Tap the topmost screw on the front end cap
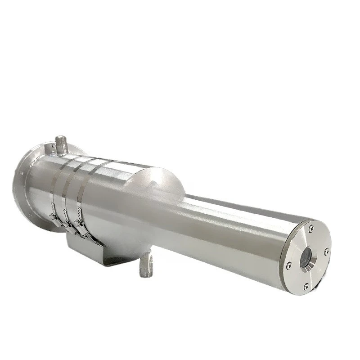[311, 229]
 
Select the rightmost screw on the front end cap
[326, 250]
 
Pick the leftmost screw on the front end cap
[289, 265]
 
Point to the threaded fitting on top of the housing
[61, 144]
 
